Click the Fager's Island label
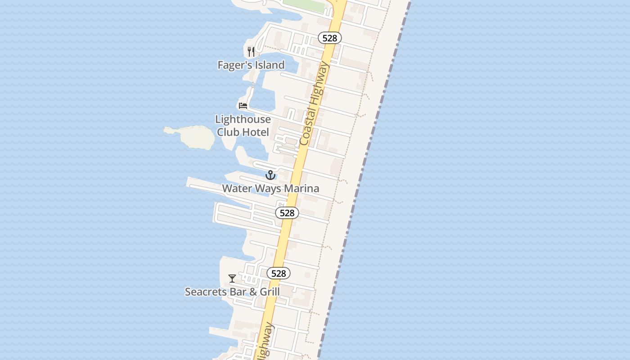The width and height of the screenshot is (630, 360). (x=251, y=65)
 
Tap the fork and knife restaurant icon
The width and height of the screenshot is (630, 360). (x=251, y=52)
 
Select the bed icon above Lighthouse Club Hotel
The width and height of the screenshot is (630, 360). (x=243, y=106)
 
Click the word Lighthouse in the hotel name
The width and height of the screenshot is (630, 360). (x=243, y=120)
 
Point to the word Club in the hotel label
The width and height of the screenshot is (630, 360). (x=229, y=132)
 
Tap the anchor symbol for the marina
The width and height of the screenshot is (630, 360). (x=270, y=175)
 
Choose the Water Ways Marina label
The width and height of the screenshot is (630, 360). (x=270, y=189)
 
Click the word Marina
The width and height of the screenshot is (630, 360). (x=302, y=189)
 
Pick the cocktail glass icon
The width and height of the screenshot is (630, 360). (x=232, y=279)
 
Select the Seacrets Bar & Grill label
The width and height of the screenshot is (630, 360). (x=232, y=292)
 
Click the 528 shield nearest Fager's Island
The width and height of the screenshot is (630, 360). (x=330, y=38)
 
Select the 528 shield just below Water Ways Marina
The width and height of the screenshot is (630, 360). (x=287, y=213)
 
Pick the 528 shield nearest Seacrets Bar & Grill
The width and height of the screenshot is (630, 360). (x=279, y=273)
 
